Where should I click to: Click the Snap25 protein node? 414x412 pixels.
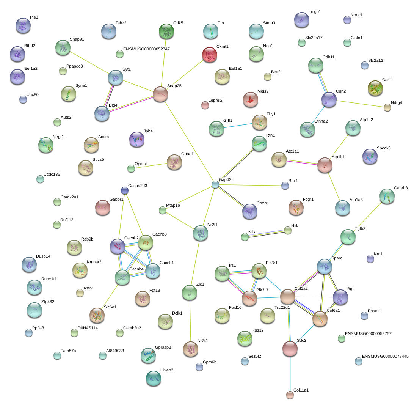pyautogui.click(x=160, y=94)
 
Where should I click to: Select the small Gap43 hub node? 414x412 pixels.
pyautogui.click(x=215, y=184)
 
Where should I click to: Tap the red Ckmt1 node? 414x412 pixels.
pyautogui.click(x=210, y=55)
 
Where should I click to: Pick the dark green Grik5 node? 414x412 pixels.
pyautogui.click(x=166, y=31)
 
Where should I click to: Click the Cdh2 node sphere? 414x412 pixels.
pyautogui.click(x=329, y=99)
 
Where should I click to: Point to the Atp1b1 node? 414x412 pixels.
pyautogui.click(x=325, y=165)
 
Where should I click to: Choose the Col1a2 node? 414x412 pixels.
pyautogui.click(x=288, y=296)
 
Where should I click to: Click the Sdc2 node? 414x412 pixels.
pyautogui.click(x=290, y=349)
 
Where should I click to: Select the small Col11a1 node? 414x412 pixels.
pyautogui.click(x=290, y=395)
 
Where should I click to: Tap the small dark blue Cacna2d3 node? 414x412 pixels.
pyautogui.click(x=124, y=190)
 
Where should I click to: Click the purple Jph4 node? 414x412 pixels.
pyautogui.click(x=137, y=139)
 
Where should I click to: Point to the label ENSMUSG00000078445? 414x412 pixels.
pyautogui.click(x=385, y=356)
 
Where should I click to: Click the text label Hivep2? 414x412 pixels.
pyautogui.click(x=167, y=370)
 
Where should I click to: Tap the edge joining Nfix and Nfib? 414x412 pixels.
pyautogui.click(x=266, y=233)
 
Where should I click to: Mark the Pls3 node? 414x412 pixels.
pyautogui.click(x=23, y=26)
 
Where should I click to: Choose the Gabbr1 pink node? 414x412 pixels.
pyautogui.click(x=102, y=208)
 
